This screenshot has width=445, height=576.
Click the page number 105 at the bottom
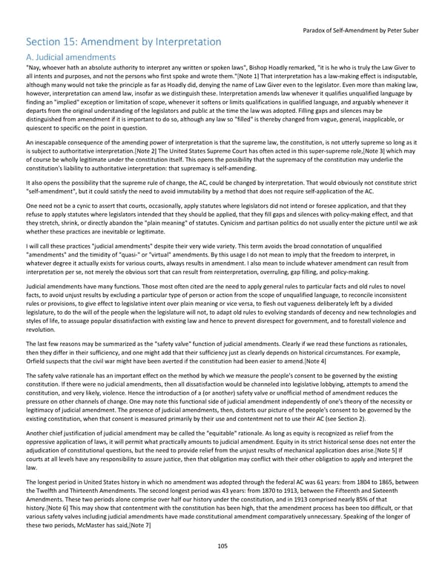pyautogui.click(x=222, y=546)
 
